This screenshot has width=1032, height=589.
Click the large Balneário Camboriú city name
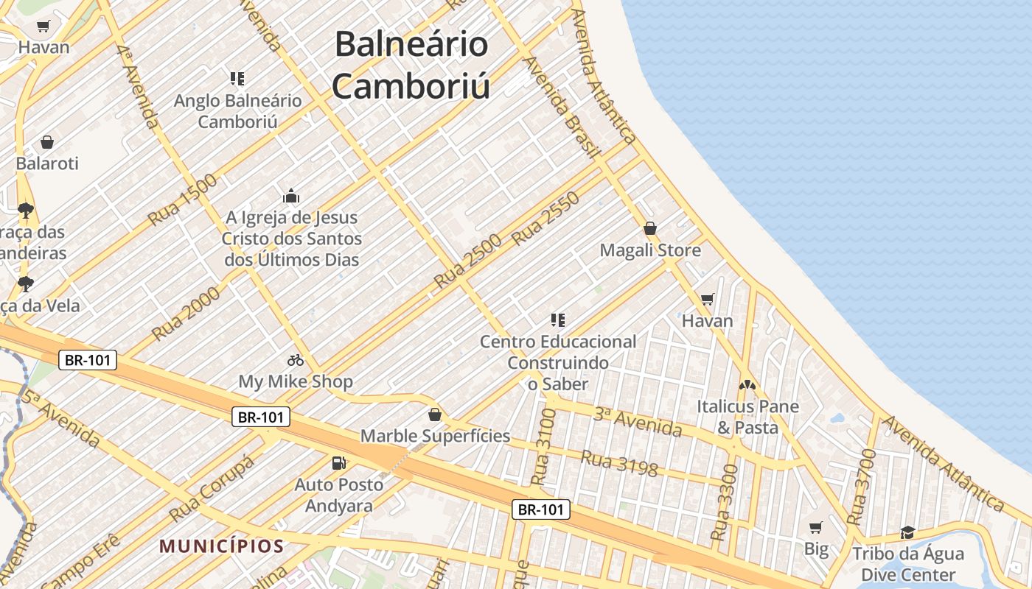coord(411,65)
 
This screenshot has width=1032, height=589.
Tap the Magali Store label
coord(650,250)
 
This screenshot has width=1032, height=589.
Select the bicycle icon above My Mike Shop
coord(296,360)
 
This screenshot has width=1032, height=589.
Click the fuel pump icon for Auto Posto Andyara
coord(339,463)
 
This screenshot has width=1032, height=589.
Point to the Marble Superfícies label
coord(435,436)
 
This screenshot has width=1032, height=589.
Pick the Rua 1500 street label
coord(183,200)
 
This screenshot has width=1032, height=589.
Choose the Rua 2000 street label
coord(186,314)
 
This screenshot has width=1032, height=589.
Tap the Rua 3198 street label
coord(619,464)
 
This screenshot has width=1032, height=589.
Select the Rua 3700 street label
coord(861,487)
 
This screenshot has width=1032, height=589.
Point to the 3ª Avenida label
coord(637,421)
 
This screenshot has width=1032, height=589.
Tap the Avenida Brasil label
coord(560,107)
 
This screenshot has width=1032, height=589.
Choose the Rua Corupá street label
coord(212,488)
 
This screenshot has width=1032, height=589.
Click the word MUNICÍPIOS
coord(222,546)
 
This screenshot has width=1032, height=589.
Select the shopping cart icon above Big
coord(816,527)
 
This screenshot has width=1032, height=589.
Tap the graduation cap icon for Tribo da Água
coord(907,532)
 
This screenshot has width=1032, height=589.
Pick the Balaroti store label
coord(47,163)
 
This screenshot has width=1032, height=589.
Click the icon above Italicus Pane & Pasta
coord(747,385)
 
